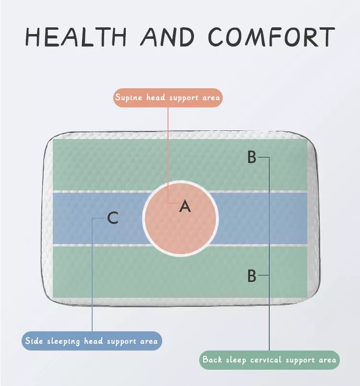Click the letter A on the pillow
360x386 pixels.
tap(185, 206)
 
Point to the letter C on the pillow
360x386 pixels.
tap(113, 218)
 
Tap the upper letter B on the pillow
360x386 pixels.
tap(252, 157)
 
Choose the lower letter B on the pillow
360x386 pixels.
tap(252, 275)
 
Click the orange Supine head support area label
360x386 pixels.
tap(168, 98)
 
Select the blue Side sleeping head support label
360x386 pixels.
tap(92, 341)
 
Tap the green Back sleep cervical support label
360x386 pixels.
tap(269, 360)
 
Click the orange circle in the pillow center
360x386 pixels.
tap(180, 218)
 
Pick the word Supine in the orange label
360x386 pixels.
tap(129, 98)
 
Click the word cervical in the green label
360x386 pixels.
tap(266, 360)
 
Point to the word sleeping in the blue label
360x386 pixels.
tap(63, 341)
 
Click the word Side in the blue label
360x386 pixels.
tap(34, 341)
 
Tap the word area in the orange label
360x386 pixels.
tap(211, 98)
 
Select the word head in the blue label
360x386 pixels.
tap(94, 341)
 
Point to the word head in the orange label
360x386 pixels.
tap(156, 97)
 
